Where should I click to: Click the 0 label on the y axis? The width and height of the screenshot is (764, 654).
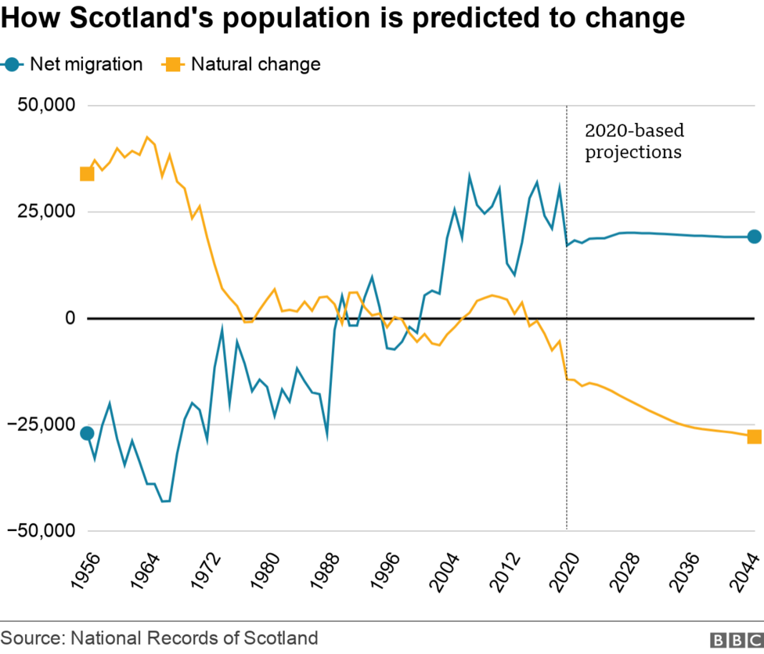tap(69, 319)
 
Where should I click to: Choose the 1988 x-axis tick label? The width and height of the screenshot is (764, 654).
tap(328, 570)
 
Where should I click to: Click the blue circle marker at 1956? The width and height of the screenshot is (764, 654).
tap(87, 433)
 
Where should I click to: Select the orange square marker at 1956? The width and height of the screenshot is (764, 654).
tap(87, 174)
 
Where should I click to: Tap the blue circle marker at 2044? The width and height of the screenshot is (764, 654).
tap(754, 237)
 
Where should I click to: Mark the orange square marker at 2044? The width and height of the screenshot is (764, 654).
tap(754, 437)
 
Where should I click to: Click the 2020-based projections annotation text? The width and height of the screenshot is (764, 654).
tap(633, 141)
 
